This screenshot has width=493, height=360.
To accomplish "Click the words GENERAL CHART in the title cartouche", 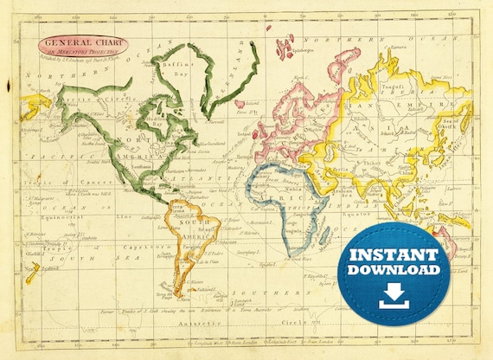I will pos(82,42).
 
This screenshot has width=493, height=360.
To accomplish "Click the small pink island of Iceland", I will pos(240,103).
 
